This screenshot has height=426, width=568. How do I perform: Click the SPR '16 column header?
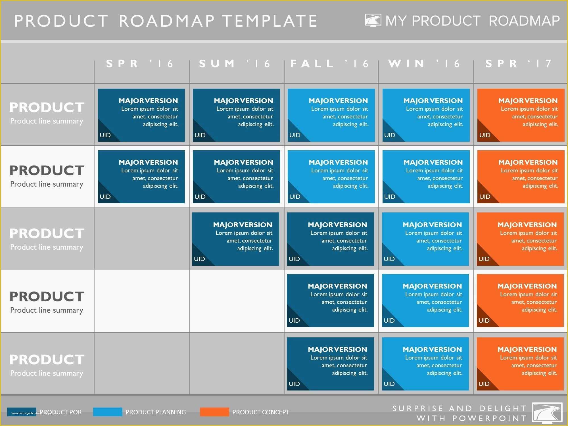(140, 64)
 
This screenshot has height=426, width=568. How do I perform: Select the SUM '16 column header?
(235, 64)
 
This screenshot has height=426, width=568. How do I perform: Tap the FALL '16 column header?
(329, 64)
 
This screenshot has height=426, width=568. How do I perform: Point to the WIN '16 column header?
(424, 64)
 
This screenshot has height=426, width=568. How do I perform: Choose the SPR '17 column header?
(519, 64)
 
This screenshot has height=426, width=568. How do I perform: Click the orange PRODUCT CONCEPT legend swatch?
(214, 412)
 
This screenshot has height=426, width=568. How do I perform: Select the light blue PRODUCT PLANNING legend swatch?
(108, 412)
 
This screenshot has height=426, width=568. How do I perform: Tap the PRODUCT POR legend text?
(60, 412)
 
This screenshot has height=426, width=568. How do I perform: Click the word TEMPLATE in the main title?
(270, 21)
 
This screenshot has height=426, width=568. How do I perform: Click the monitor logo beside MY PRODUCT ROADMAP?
(373, 20)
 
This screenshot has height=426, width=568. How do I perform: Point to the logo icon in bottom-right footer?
(547, 413)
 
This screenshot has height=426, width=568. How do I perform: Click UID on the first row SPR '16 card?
(105, 135)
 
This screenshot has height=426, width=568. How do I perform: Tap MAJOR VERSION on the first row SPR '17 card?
(528, 101)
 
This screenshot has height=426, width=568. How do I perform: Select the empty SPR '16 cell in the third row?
(142, 239)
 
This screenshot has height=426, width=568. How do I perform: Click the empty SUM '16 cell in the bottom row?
(237, 364)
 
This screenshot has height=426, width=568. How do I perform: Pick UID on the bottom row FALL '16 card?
(294, 384)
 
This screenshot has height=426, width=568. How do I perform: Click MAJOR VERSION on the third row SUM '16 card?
(243, 225)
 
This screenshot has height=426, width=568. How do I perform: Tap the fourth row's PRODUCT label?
(47, 297)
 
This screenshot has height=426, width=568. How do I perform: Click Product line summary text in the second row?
(47, 184)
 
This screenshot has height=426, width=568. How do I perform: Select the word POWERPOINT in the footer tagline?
(489, 418)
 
